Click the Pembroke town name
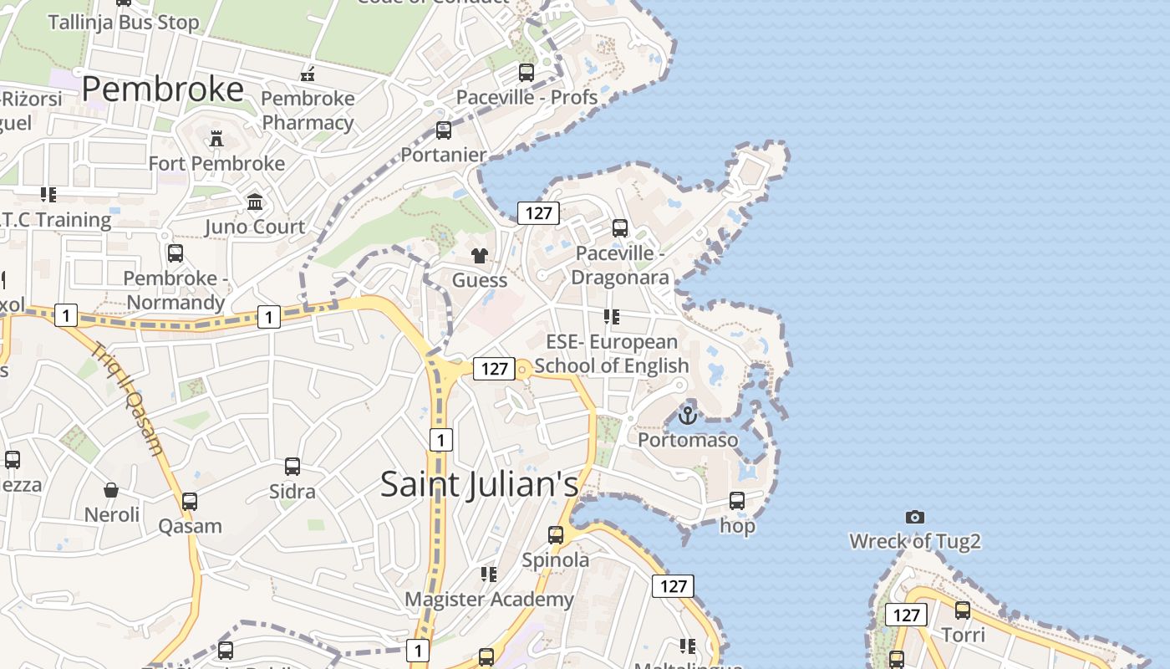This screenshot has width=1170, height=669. (163, 89)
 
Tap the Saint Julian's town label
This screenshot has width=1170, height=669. (479, 485)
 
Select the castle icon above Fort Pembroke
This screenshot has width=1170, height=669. (216, 138)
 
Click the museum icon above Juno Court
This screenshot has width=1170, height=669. (255, 202)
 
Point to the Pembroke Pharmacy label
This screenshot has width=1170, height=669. (308, 110)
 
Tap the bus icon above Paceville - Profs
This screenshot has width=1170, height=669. (526, 73)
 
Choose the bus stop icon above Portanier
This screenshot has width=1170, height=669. (444, 130)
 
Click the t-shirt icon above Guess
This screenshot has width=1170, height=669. (480, 255)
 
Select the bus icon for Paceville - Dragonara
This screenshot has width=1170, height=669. (620, 228)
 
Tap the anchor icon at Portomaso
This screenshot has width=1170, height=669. (688, 415)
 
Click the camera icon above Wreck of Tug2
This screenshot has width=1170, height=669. (915, 518)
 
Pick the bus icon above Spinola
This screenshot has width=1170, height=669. (556, 535)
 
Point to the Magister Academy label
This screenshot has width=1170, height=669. (489, 600)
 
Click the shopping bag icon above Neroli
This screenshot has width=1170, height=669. (111, 490)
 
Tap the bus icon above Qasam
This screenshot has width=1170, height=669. (191, 502)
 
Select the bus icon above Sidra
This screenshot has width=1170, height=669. (292, 467)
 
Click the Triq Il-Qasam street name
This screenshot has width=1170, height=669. (128, 399)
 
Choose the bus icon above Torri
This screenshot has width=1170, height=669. (963, 610)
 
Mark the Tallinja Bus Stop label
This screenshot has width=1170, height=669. (124, 22)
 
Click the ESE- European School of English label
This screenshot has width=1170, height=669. (612, 354)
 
